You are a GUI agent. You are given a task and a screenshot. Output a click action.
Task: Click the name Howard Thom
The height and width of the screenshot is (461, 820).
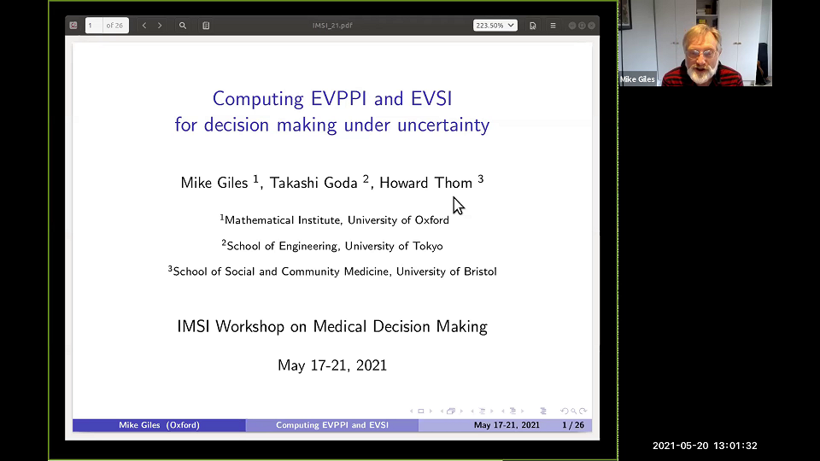coord(426,183)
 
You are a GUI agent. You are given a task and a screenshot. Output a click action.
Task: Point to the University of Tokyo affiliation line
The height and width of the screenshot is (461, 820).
coord(332,246)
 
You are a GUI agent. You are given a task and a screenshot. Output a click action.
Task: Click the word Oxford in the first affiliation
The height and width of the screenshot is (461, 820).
coord(430,220)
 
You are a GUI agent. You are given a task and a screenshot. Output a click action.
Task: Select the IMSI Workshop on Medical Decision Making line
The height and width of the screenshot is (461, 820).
coord(332,326)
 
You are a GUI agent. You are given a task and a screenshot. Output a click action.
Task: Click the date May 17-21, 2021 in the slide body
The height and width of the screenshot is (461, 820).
coord(332,365)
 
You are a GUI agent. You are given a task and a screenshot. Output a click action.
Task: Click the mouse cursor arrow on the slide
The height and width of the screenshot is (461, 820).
coord(458,206)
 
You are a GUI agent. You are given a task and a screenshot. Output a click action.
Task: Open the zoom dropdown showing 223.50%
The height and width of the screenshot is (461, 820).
coord(495,26)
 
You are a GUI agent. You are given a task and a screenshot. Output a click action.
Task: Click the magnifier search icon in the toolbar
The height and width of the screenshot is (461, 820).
coord(183,26)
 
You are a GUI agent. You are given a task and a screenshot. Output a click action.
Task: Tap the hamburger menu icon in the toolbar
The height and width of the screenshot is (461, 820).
coord(553,26)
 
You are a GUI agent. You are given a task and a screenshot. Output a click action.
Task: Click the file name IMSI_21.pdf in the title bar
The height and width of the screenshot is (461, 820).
coord(332,26)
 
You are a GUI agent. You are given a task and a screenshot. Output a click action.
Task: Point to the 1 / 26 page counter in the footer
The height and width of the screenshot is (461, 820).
coord(572,425)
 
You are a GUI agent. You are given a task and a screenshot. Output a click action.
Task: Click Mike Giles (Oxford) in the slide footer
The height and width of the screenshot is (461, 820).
coord(159,425)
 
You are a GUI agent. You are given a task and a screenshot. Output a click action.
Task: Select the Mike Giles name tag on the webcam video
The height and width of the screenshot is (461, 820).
coord(638,79)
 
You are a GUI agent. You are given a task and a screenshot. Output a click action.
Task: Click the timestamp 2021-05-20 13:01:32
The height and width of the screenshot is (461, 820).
coord(705,446)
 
